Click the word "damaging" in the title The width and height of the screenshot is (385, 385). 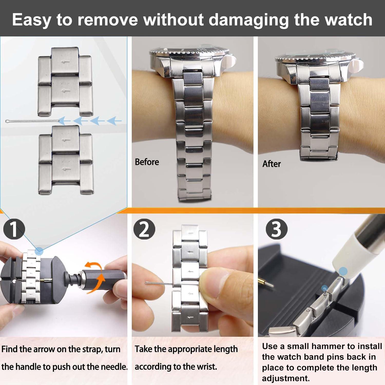click(x=248, y=20)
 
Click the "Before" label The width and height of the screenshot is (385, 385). click(x=147, y=162)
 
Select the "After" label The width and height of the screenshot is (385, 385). click(x=271, y=164)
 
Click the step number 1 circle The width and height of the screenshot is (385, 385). click(x=14, y=229)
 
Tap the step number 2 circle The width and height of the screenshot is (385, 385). click(x=144, y=229)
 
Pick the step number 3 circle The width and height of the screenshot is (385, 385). click(x=276, y=229)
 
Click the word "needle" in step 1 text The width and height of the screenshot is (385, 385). click(x=114, y=367)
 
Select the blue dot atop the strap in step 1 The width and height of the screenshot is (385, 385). click(x=39, y=250)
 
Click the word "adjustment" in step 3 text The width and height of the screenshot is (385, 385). click(x=285, y=378)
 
